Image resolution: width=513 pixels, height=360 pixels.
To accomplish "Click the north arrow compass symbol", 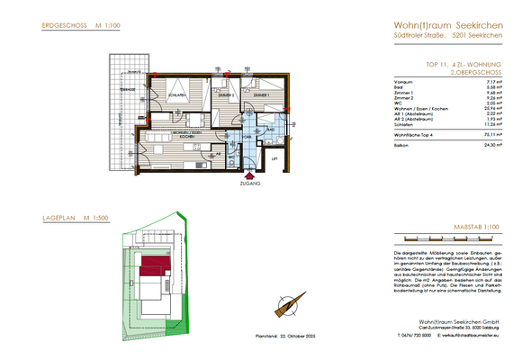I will point(290,307).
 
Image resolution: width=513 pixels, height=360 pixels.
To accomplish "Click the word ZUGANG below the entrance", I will point(249,183).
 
